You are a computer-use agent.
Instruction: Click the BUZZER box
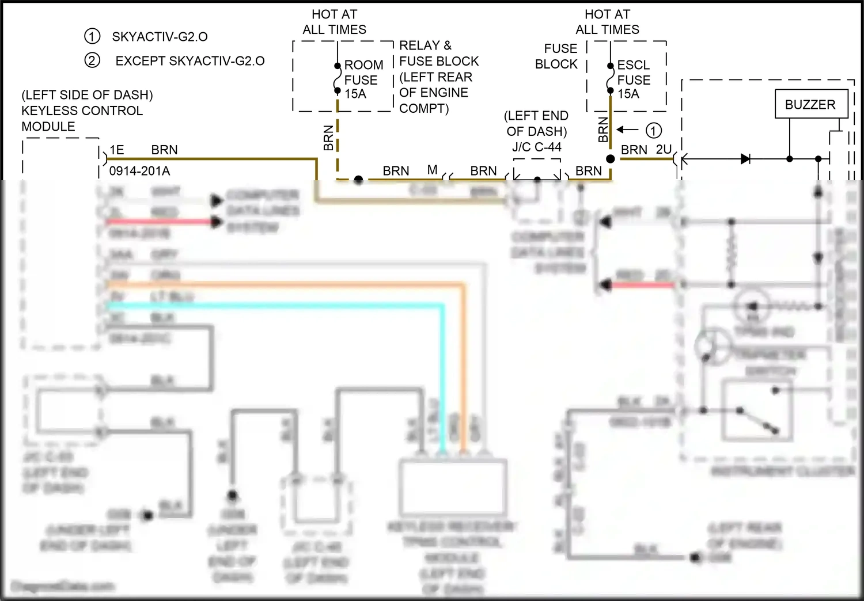coord(810,104)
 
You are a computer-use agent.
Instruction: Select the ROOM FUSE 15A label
coord(363,79)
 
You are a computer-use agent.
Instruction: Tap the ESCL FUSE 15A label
coord(634,79)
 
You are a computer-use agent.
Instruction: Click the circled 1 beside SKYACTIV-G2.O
coord(92,36)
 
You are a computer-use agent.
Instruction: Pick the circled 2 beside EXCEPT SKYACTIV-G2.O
coord(92,60)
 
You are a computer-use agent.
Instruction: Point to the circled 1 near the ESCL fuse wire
coord(653,131)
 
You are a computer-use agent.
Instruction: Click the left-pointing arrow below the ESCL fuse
coord(627,130)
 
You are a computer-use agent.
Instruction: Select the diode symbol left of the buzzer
coord(745,158)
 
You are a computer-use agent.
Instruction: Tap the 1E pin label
coord(117,150)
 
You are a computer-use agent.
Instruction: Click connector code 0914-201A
coord(139,171)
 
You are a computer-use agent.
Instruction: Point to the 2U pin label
coord(664,150)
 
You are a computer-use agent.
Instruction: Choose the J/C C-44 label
coord(537,147)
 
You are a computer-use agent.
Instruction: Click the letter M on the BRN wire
coord(432,170)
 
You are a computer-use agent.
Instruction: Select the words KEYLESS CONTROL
coord(82,111)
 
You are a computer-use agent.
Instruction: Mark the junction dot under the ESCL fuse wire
coord(610,159)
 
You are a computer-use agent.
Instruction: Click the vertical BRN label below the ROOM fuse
coord(328,138)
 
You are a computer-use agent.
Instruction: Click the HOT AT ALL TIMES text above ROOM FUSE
coord(334,22)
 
